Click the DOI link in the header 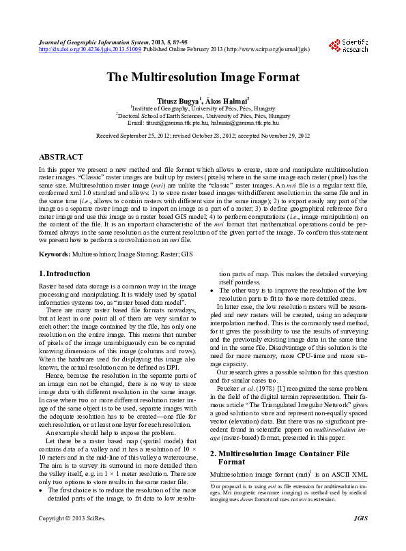pyautogui.click(x=90, y=50)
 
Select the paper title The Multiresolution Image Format pyautogui.click(x=203, y=77)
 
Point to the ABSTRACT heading pyautogui.click(x=61, y=157)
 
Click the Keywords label pyautogui.click(x=54, y=254)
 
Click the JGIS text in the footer pyautogui.click(x=360, y=539)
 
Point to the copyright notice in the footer pyautogui.click(x=72, y=539)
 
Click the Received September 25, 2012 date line pyautogui.click(x=203, y=136)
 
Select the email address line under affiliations pyautogui.click(x=203, y=123)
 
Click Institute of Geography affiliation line pyautogui.click(x=203, y=108)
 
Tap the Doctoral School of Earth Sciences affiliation pyautogui.click(x=203, y=116)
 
